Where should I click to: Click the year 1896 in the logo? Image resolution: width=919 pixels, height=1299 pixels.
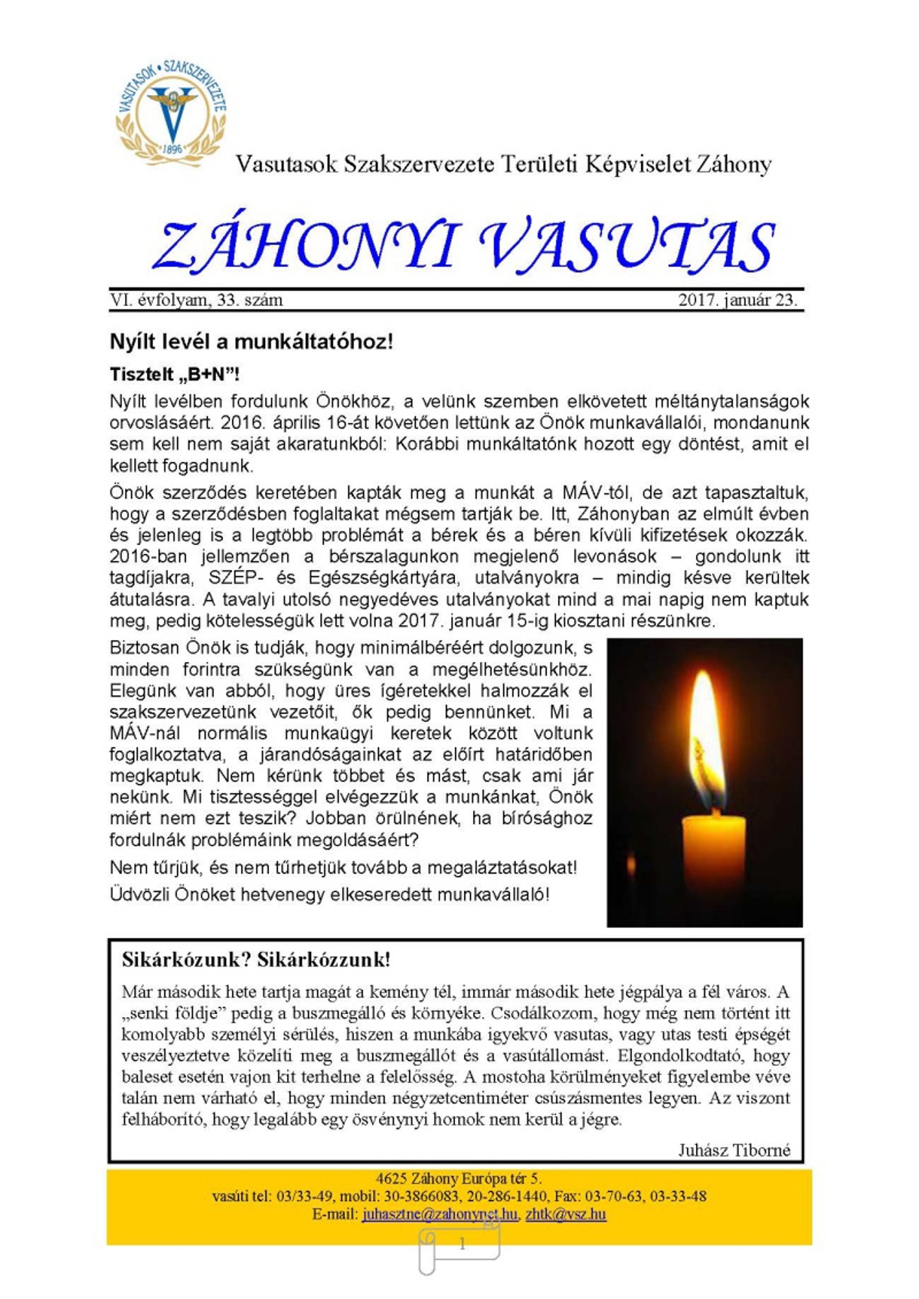pos(172,149)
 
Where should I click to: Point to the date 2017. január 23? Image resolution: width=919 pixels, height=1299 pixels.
pos(737,300)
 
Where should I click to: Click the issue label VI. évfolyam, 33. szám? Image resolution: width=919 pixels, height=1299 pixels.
pos(196,300)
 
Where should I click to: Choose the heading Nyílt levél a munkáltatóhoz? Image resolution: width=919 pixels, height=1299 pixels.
pos(251,342)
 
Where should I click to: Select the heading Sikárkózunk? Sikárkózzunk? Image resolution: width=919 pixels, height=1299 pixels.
pos(256,959)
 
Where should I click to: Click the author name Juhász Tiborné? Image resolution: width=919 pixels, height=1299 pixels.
pos(734,1150)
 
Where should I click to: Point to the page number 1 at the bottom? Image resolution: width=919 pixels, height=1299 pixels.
pos(462,1245)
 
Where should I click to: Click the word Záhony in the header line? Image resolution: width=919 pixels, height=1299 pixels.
pos(733,164)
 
